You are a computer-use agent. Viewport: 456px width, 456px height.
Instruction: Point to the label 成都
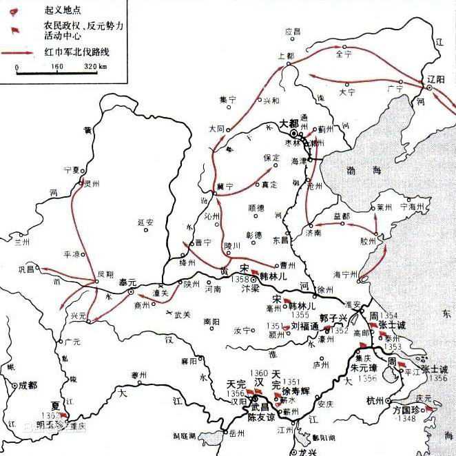coord(30,384)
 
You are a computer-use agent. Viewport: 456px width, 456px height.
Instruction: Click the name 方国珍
coord(407,408)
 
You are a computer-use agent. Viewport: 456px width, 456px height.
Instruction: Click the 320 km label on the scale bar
coord(94,67)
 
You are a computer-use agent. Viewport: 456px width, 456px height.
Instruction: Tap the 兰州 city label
coord(23,242)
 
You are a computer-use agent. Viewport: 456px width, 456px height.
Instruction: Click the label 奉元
coord(127,282)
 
